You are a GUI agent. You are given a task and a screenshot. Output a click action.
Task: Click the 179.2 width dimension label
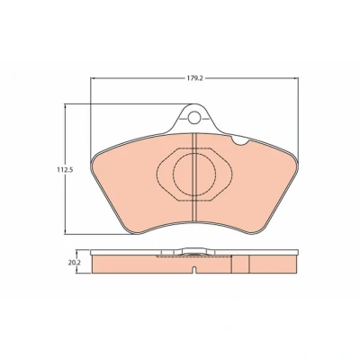(194, 78)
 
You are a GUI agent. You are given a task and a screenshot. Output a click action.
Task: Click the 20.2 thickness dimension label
(71, 262)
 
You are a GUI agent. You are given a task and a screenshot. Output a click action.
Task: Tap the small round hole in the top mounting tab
(194, 117)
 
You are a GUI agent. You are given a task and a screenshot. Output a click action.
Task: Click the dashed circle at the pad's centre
(194, 174)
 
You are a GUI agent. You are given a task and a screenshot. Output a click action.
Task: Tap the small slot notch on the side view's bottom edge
(194, 270)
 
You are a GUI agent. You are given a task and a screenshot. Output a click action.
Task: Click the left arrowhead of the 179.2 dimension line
(93, 78)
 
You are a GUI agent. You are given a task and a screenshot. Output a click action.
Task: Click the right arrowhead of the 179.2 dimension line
(296, 78)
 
